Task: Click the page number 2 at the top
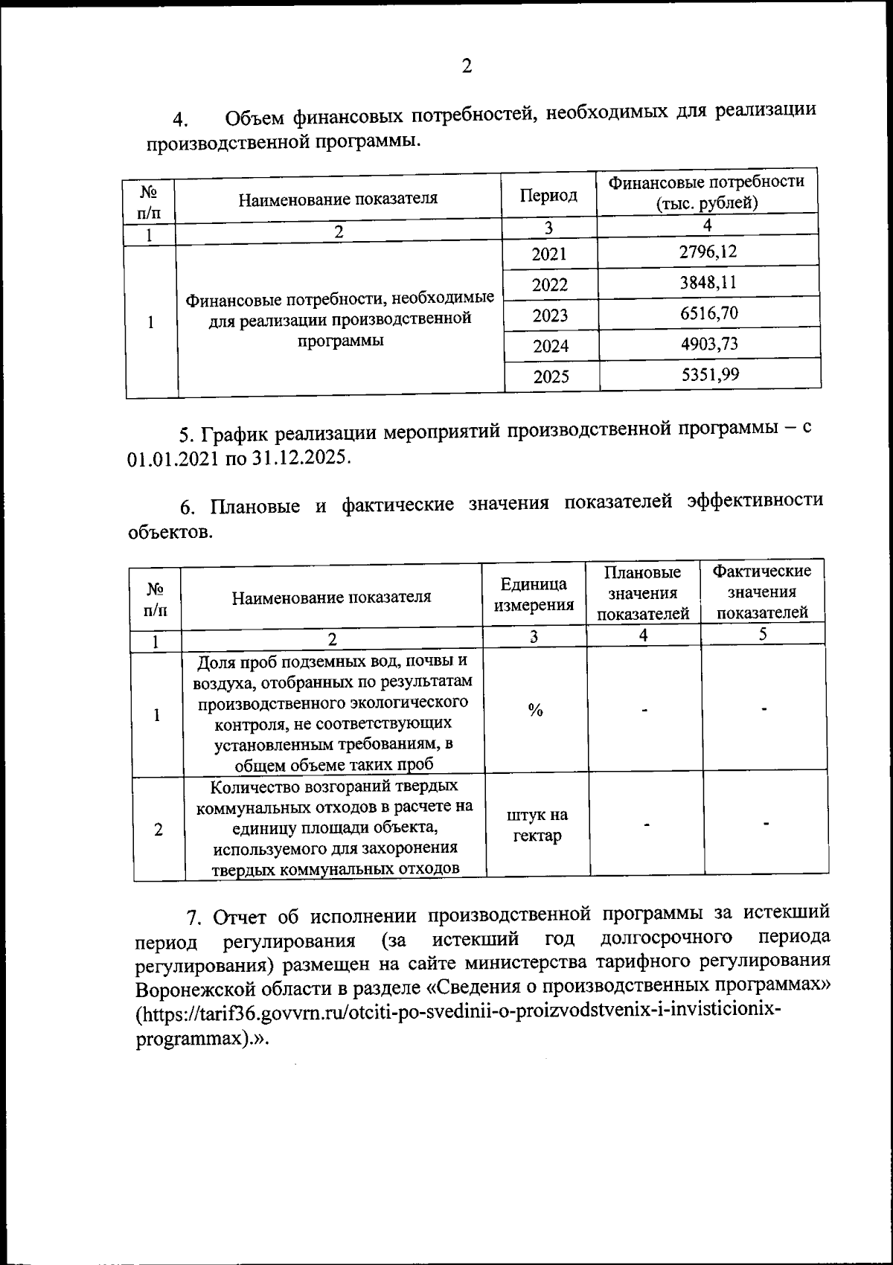click(x=467, y=67)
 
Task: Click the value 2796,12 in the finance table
click(x=708, y=252)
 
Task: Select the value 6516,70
click(x=708, y=313)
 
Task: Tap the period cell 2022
click(x=550, y=285)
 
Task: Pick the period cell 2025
click(x=551, y=377)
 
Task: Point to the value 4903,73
click(x=708, y=344)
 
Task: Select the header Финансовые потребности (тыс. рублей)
click(x=706, y=193)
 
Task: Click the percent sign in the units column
click(x=534, y=710)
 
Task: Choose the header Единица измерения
click(x=534, y=595)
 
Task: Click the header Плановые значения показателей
click(x=643, y=593)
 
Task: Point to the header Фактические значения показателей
click(x=761, y=592)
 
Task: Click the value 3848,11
click(x=708, y=282)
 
